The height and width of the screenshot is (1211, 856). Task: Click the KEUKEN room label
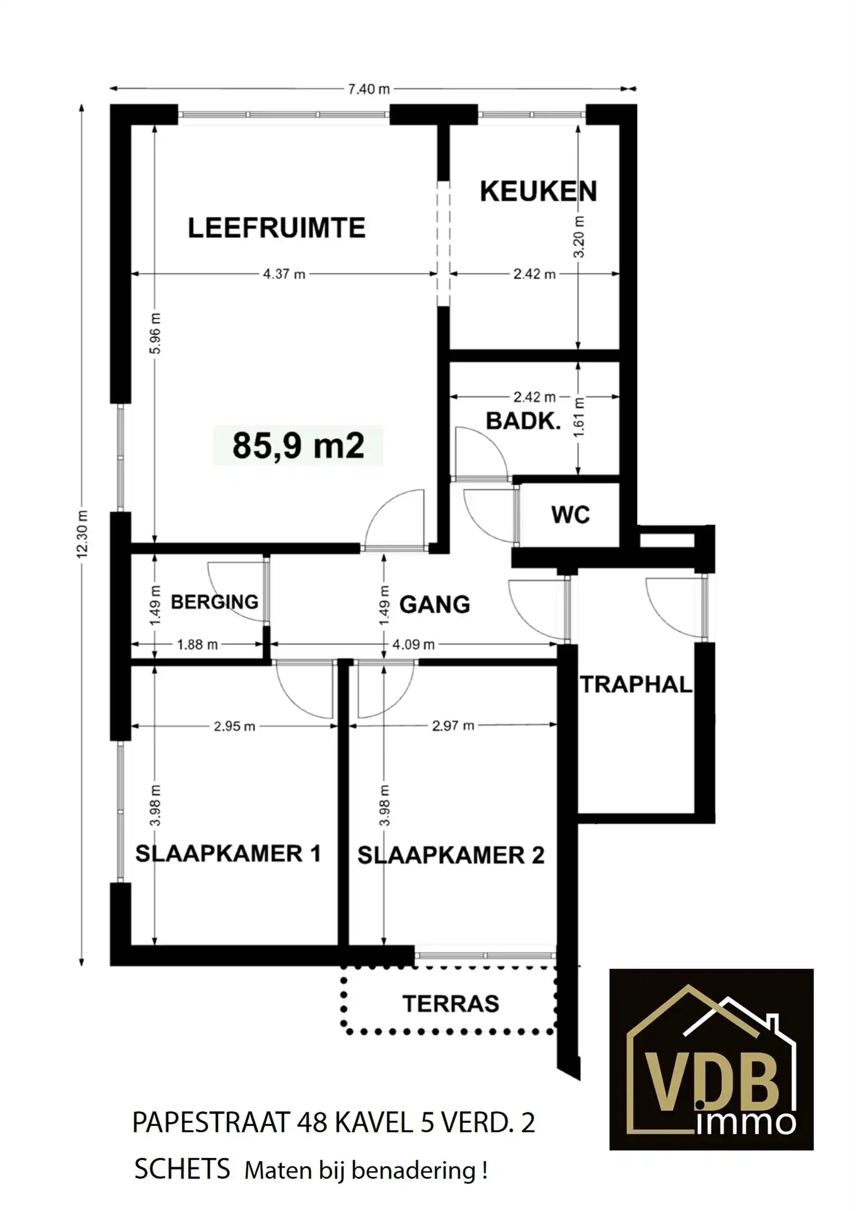[x=538, y=191]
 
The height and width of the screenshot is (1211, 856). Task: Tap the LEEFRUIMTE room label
[x=276, y=228]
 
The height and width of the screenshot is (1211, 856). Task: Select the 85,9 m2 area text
[x=298, y=445]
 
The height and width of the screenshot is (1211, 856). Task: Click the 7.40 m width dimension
[x=368, y=89]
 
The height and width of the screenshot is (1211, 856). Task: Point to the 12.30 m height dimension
[x=82, y=534]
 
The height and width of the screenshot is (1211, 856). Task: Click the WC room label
[x=570, y=515]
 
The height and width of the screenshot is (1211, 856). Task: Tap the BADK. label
[x=523, y=421]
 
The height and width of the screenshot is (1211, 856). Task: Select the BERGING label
[x=215, y=602]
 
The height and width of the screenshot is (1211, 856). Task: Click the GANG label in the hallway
[x=434, y=604]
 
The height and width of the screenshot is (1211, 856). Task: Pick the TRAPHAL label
[x=636, y=685]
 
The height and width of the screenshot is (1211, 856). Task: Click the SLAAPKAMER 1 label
[x=228, y=854]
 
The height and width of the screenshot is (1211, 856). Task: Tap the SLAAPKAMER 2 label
[x=451, y=856]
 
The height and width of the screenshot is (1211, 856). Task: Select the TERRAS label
[x=451, y=1004]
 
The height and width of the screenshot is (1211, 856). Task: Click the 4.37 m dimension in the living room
[x=284, y=274]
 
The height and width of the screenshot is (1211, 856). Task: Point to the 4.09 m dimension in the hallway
[x=413, y=645]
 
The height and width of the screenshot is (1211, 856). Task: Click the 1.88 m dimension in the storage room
[x=197, y=645]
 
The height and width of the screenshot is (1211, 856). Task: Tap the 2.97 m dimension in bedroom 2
[x=453, y=726]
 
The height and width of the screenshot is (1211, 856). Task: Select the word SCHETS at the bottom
[x=182, y=1169]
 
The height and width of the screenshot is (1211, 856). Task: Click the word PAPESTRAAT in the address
[x=211, y=1123]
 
